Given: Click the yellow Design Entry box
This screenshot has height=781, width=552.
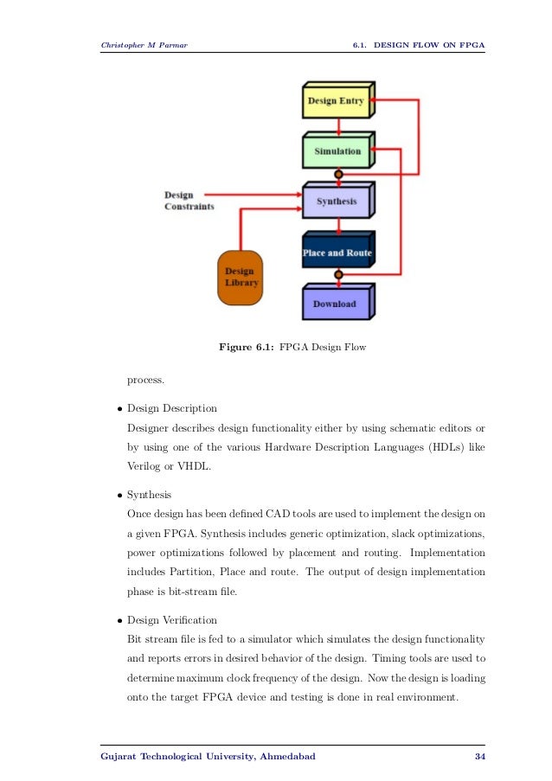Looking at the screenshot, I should [x=336, y=101].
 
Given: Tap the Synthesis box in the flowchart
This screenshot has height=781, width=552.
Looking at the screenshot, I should [x=337, y=202].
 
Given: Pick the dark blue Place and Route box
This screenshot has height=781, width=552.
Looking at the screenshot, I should [x=337, y=253].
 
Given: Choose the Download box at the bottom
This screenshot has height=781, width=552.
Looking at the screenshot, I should [x=335, y=304].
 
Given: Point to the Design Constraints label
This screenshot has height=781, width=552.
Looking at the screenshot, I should [x=189, y=202].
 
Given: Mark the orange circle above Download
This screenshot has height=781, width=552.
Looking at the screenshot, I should [x=338, y=275].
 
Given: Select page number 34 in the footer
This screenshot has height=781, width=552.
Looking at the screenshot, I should [x=480, y=757].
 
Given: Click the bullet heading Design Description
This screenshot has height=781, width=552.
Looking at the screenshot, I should [x=172, y=408].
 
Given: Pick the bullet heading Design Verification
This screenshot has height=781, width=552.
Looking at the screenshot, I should [x=172, y=620].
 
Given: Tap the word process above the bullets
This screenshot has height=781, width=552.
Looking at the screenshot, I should [x=145, y=378].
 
